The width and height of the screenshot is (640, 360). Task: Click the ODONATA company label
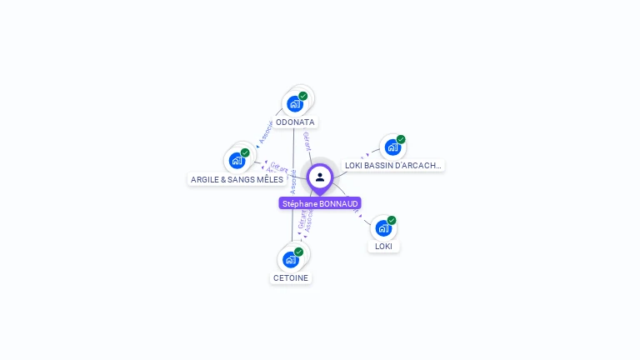pyautogui.click(x=295, y=122)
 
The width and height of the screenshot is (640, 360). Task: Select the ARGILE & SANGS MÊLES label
pyautogui.click(x=237, y=179)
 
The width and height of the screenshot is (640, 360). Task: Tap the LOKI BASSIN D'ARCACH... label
pyautogui.click(x=392, y=165)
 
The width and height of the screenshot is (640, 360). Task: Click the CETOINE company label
pyautogui.click(x=290, y=277)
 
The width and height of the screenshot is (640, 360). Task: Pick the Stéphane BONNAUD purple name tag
pyautogui.click(x=320, y=203)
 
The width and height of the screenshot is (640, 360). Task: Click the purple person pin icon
pyautogui.click(x=320, y=177)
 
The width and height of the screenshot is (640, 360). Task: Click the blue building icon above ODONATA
pyautogui.click(x=294, y=104)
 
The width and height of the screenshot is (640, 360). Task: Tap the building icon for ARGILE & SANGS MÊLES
pyautogui.click(x=237, y=160)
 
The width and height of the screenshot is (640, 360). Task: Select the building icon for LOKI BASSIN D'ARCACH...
pyautogui.click(x=392, y=147)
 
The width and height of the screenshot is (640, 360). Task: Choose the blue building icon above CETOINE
pyautogui.click(x=290, y=259)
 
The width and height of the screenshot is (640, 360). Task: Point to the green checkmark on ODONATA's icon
pyautogui.click(x=303, y=96)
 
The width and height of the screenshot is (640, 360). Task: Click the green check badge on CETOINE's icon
pyautogui.click(x=298, y=252)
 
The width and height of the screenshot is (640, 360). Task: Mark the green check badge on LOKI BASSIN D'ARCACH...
pyautogui.click(x=401, y=139)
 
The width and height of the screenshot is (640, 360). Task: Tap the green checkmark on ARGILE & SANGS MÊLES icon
pyautogui.click(x=245, y=152)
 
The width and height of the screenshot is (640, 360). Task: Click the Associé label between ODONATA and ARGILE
pyautogui.click(x=267, y=132)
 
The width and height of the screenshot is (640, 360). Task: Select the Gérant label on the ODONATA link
pyautogui.click(x=307, y=141)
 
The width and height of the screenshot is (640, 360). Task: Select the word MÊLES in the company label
pyautogui.click(x=270, y=179)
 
